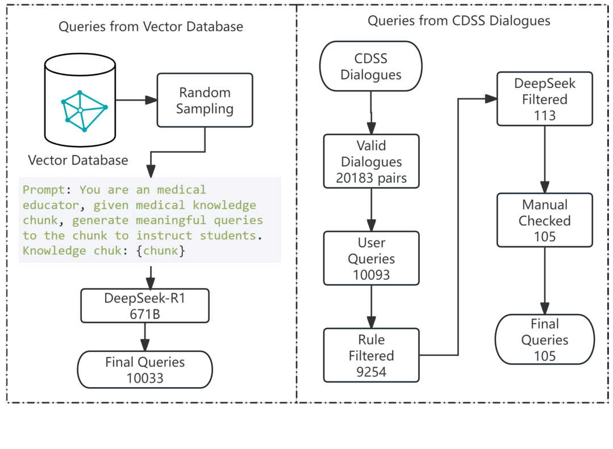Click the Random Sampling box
(x=205, y=100)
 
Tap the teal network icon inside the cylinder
(x=84, y=110)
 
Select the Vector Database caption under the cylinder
(x=79, y=160)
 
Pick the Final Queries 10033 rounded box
(x=144, y=370)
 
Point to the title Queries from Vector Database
(x=151, y=27)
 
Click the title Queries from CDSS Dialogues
(x=458, y=22)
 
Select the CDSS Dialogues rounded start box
(x=370, y=67)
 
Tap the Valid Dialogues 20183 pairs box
(x=371, y=162)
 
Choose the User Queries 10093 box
(x=371, y=258)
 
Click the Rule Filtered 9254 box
(x=371, y=355)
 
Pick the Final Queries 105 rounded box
(x=545, y=339)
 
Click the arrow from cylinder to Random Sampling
(x=136, y=100)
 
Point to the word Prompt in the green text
(x=43, y=190)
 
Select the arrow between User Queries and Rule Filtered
(x=371, y=307)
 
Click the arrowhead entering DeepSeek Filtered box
(x=491, y=99)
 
